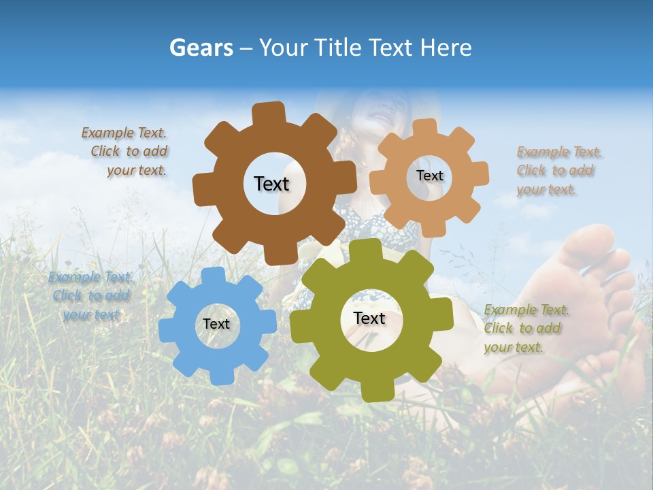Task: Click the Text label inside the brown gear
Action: click(271, 184)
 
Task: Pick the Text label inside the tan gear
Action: click(429, 176)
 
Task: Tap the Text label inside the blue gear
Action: click(216, 324)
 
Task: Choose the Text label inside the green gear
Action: click(369, 318)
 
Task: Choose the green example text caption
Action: click(525, 328)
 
